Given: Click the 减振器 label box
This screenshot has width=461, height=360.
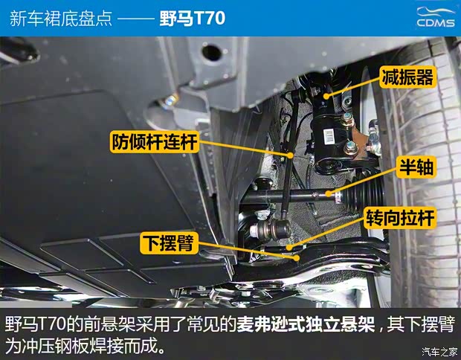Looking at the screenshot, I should pyautogui.click(x=406, y=76).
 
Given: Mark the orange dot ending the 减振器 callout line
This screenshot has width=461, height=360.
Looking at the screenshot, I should pyautogui.click(x=325, y=95).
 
